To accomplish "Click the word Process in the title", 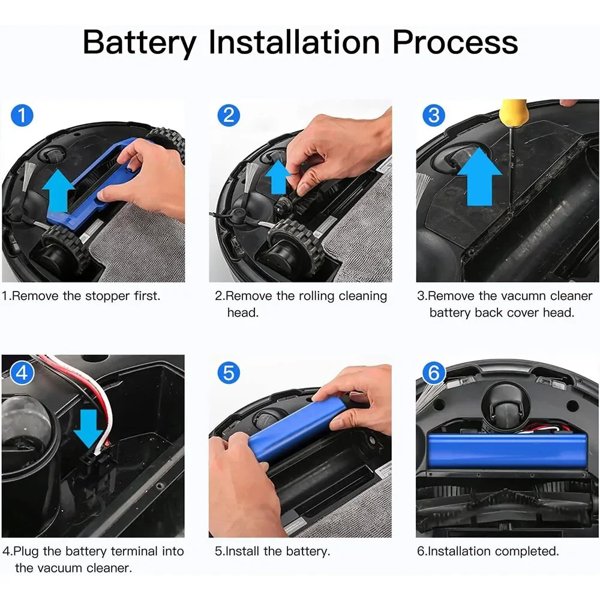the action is pyautogui.click(x=455, y=42).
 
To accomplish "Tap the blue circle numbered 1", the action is pyautogui.click(x=22, y=115).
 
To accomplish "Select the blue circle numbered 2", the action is pyautogui.click(x=229, y=115).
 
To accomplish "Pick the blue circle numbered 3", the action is pyautogui.click(x=434, y=115).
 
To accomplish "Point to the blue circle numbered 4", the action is pyautogui.click(x=22, y=373).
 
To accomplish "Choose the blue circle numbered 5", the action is pyautogui.click(x=229, y=373).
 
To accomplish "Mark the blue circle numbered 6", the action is pyautogui.click(x=434, y=373).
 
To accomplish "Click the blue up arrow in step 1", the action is pyautogui.click(x=58, y=191).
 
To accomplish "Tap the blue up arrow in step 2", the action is pyautogui.click(x=278, y=177).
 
